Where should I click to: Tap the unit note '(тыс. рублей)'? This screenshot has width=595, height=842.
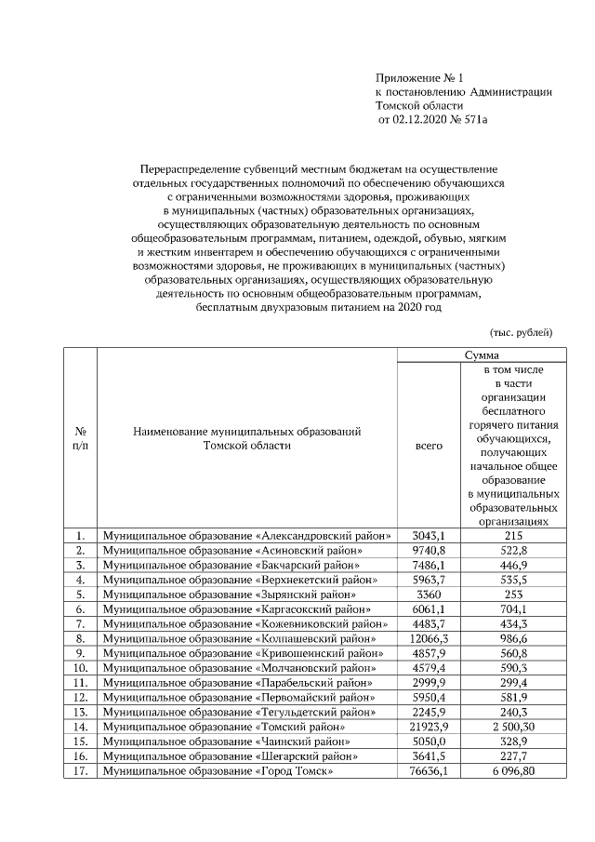click(521, 332)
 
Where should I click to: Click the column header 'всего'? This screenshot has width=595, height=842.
click(429, 446)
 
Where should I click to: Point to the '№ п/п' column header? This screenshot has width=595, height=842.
click(81, 438)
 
